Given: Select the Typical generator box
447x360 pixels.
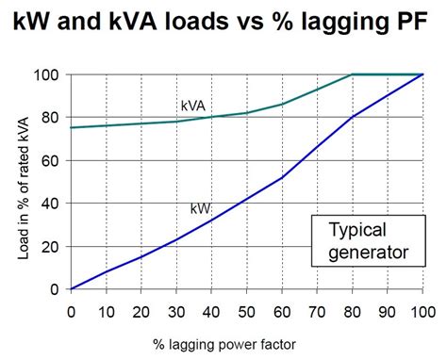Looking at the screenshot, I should (364, 240).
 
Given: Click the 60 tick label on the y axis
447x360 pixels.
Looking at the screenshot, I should (55, 160).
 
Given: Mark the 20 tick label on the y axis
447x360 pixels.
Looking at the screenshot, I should (55, 246).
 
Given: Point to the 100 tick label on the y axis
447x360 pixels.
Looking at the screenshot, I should (51, 74).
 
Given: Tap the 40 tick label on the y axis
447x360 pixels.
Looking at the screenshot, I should (55, 204).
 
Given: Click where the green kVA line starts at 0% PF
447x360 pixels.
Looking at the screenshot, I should (72, 127).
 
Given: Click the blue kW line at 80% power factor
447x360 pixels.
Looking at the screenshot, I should (352, 117).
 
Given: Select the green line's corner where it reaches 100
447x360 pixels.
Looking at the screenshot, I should (352, 74).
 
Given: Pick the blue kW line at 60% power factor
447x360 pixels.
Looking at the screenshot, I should (281, 177).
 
